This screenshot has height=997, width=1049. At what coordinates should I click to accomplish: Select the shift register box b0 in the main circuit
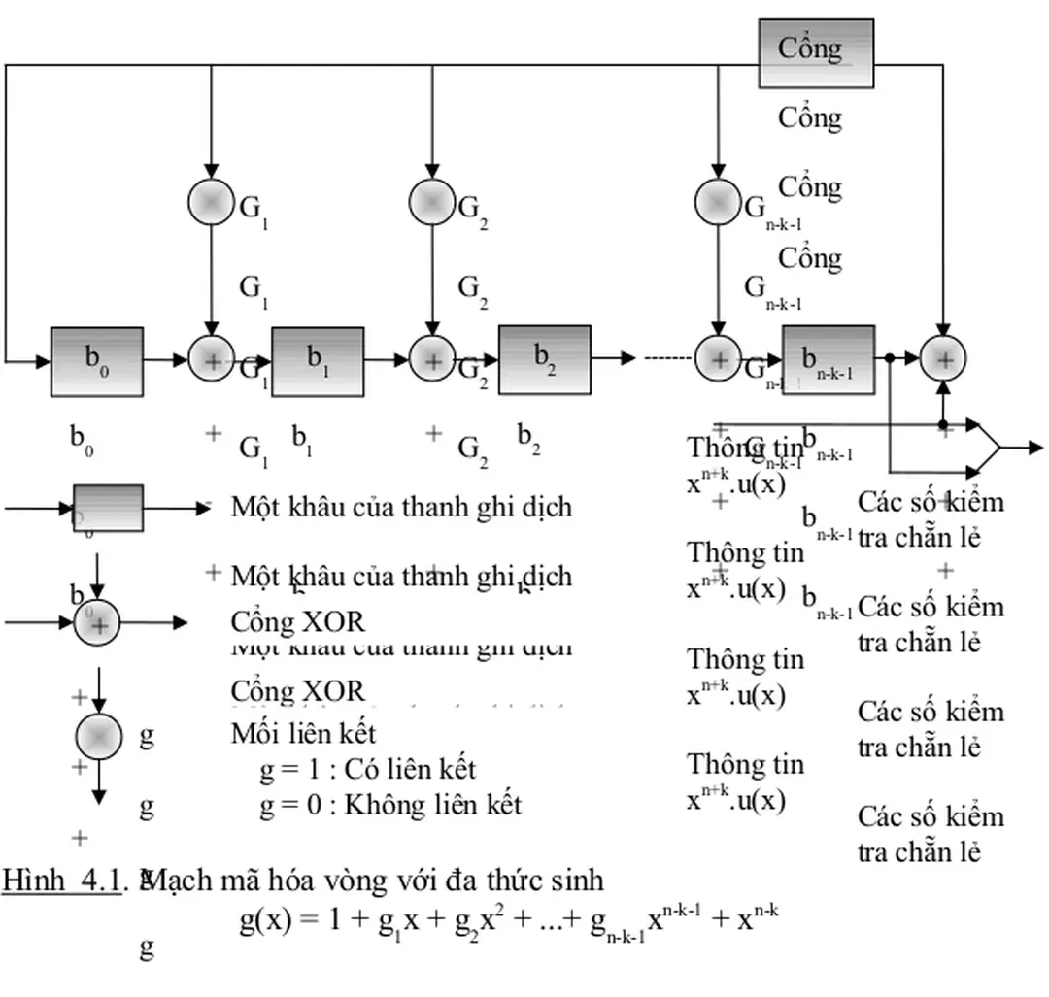97,361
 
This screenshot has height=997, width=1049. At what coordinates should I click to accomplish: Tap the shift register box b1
318,361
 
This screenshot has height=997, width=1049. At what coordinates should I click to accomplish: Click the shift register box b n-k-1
828,359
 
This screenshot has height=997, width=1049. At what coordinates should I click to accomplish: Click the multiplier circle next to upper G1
211,202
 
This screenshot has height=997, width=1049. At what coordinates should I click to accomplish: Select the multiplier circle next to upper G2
431,202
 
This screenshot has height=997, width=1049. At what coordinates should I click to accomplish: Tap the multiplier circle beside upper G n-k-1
718,202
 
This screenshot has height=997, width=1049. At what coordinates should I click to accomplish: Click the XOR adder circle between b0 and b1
211,360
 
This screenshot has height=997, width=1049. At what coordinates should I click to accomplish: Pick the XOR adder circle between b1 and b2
431,360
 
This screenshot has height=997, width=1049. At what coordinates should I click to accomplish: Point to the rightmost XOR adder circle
942,359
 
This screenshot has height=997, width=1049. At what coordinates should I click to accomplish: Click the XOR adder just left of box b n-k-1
718,359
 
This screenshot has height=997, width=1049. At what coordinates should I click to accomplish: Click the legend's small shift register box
108,508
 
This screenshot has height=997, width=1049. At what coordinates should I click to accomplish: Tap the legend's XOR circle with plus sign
97,622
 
